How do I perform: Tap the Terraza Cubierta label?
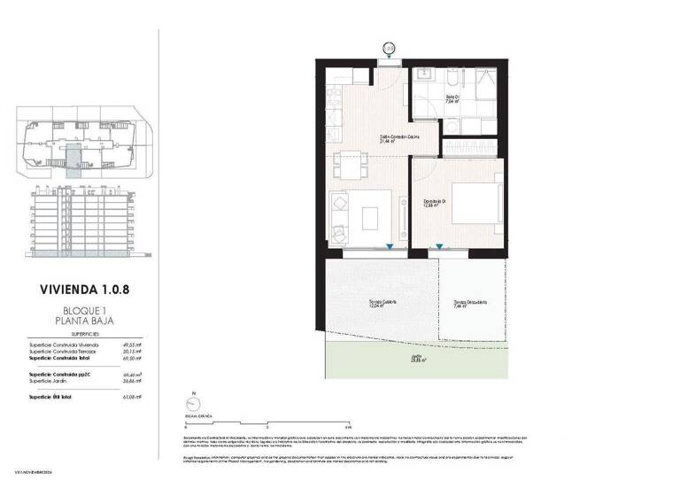(x=382, y=303)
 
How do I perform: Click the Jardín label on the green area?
(x=415, y=358)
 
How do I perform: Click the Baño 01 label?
(x=452, y=99)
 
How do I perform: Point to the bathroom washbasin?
(x=424, y=76)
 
